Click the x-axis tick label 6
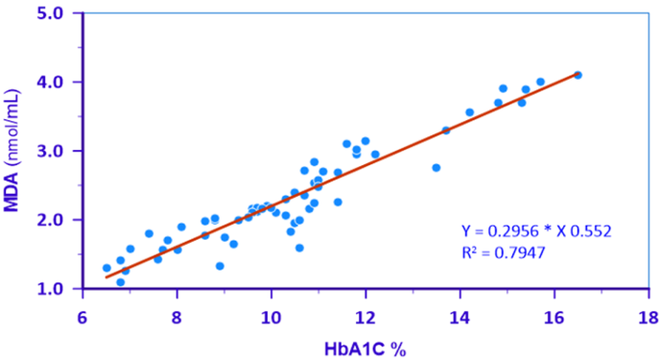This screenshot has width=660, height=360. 82,319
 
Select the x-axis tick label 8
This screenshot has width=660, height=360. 177,319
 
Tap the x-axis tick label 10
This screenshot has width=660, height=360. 271,319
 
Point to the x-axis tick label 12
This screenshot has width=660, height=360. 365,319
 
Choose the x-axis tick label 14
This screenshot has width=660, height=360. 460,319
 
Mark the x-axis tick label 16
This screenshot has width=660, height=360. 554,319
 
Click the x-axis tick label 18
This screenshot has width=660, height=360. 648,319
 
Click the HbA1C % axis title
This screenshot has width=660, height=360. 365,349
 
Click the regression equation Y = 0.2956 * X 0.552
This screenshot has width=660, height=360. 536,230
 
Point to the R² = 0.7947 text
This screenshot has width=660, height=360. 504,252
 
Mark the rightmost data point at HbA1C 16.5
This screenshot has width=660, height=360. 577,75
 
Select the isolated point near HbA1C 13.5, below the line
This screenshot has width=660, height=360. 436,168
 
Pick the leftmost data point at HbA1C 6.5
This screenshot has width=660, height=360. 106,268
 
